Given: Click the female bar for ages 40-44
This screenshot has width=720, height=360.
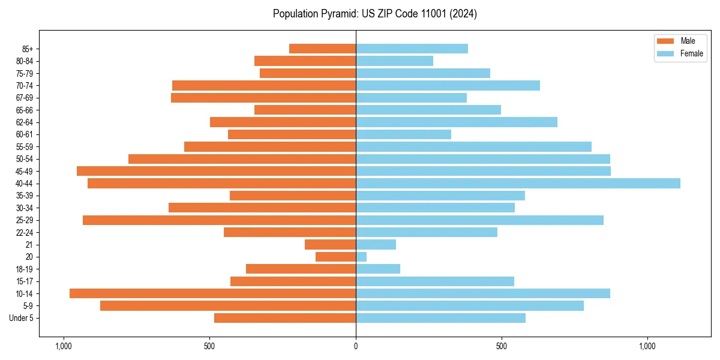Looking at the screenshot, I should [x=518, y=184].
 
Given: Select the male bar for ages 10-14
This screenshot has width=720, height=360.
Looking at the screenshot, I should [x=212, y=293].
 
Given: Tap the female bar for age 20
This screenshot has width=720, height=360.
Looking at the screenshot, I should [x=361, y=257].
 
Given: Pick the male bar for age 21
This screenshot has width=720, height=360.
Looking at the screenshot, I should [x=330, y=245].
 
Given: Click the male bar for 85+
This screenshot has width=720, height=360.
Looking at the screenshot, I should [x=322, y=49].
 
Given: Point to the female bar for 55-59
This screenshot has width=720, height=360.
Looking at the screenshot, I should [x=473, y=147].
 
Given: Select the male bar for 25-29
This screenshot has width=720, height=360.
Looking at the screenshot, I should [x=219, y=220].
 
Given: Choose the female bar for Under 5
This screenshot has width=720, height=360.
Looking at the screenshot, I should [x=440, y=318].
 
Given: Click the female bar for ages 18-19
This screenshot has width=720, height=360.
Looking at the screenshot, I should [x=378, y=269].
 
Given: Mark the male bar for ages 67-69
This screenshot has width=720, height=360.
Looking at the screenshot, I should [x=263, y=98].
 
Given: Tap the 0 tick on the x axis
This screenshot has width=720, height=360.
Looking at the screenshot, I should [x=356, y=346].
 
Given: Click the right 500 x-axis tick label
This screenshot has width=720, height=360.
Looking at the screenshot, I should [x=502, y=346].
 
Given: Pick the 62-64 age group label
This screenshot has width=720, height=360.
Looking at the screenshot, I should [x=25, y=122].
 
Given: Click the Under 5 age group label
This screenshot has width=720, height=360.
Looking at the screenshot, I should [x=22, y=318].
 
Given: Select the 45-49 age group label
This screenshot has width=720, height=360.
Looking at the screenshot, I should [x=25, y=172].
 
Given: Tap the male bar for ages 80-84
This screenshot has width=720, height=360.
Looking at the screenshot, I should [x=305, y=61].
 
